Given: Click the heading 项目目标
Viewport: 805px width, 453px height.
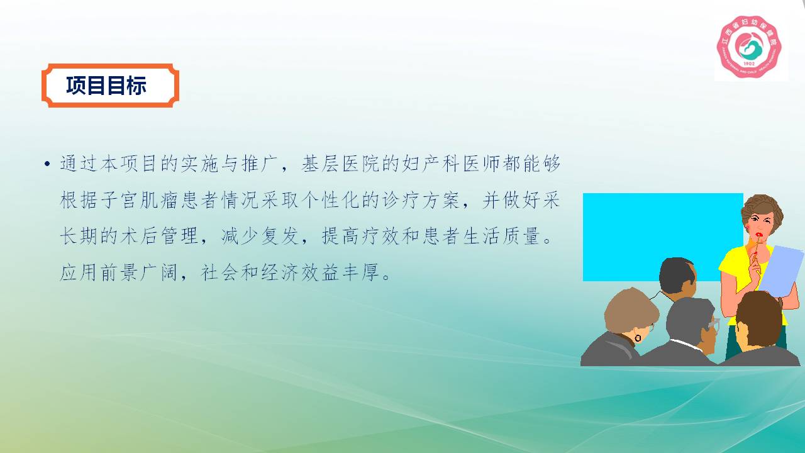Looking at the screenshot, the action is coord(106,86).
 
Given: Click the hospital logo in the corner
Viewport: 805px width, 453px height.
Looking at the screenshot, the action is coord(749,47).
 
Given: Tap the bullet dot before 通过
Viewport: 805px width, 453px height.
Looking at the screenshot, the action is coord(47,164).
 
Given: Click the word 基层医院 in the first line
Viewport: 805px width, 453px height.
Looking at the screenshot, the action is coord(341,164).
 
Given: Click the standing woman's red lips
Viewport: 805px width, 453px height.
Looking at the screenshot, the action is coord(759,235).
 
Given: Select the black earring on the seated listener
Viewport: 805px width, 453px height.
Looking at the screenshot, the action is coord(638,338).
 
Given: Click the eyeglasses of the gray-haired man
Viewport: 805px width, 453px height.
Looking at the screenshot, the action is coord(713,325).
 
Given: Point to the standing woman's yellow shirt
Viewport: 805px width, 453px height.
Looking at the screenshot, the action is coord(740,273).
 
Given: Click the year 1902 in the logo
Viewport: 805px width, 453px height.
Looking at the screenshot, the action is coord(749,64).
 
